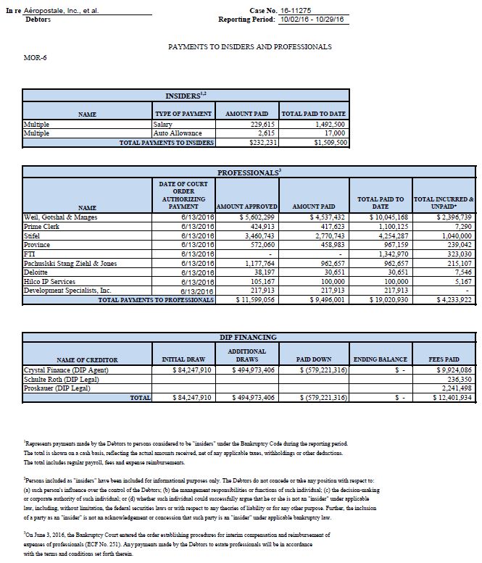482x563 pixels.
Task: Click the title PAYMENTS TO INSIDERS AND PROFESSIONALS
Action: [249, 46]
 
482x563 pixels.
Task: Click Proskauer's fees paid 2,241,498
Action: [456, 388]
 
